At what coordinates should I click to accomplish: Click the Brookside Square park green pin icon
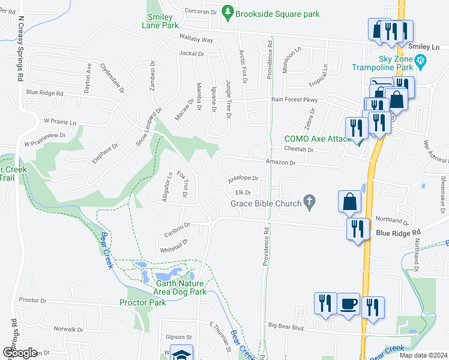(x=228, y=11)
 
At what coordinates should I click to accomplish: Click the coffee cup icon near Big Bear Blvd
(x=348, y=304)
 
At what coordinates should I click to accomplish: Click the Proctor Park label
(x=143, y=302)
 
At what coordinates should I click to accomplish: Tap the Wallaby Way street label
(x=196, y=40)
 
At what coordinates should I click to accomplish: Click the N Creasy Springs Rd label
(x=21, y=49)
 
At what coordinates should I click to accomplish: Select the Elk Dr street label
(x=243, y=193)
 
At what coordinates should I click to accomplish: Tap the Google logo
(x=20, y=353)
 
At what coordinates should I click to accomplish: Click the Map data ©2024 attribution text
(x=423, y=355)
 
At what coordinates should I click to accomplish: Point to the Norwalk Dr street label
(x=68, y=329)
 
